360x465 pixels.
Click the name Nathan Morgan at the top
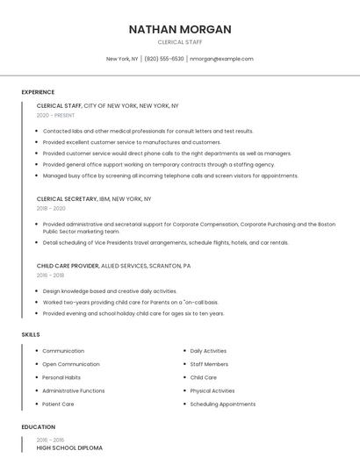(180, 29)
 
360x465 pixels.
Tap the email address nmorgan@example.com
(221, 59)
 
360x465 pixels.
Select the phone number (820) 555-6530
(164, 59)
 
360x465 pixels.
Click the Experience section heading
(38, 92)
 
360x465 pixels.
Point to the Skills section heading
(30, 334)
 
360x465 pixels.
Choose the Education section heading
(38, 427)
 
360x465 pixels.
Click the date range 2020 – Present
(55, 115)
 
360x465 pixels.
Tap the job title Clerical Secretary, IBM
(94, 199)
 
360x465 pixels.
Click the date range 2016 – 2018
(50, 275)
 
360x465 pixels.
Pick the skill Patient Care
(58, 404)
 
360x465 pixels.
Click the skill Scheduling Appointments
(223, 404)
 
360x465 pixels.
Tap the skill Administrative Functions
(74, 390)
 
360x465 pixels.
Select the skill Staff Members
(209, 364)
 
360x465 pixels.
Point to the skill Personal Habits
(61, 377)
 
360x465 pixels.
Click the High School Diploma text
(69, 447)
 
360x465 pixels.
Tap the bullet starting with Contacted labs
(148, 131)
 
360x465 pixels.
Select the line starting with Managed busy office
(170, 175)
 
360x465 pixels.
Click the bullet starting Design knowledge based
(110, 290)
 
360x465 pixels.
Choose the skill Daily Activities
(208, 351)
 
